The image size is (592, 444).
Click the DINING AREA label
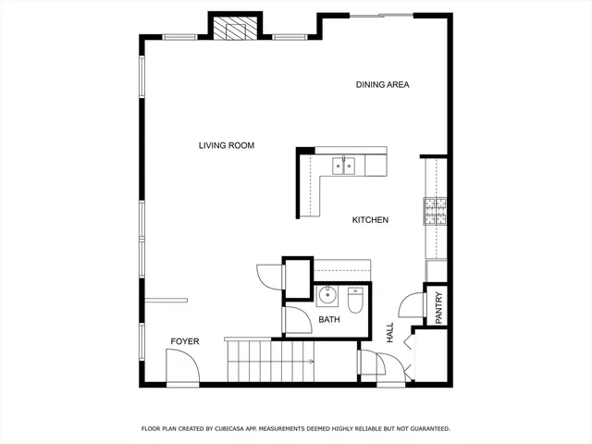(382, 85)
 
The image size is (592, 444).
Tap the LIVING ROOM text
(226, 145)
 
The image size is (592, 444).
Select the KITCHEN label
(370, 220)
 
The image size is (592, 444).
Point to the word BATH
(329, 320)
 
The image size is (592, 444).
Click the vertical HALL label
(389, 334)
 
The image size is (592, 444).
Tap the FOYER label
(185, 342)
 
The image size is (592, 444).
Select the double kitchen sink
(344, 166)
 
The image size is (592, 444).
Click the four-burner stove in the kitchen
(435, 213)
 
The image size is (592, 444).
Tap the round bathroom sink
(327, 296)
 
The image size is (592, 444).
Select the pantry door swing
(410, 308)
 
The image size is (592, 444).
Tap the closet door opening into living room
(268, 277)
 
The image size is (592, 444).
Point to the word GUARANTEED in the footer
(424, 429)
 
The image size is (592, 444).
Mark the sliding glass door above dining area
(381, 15)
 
